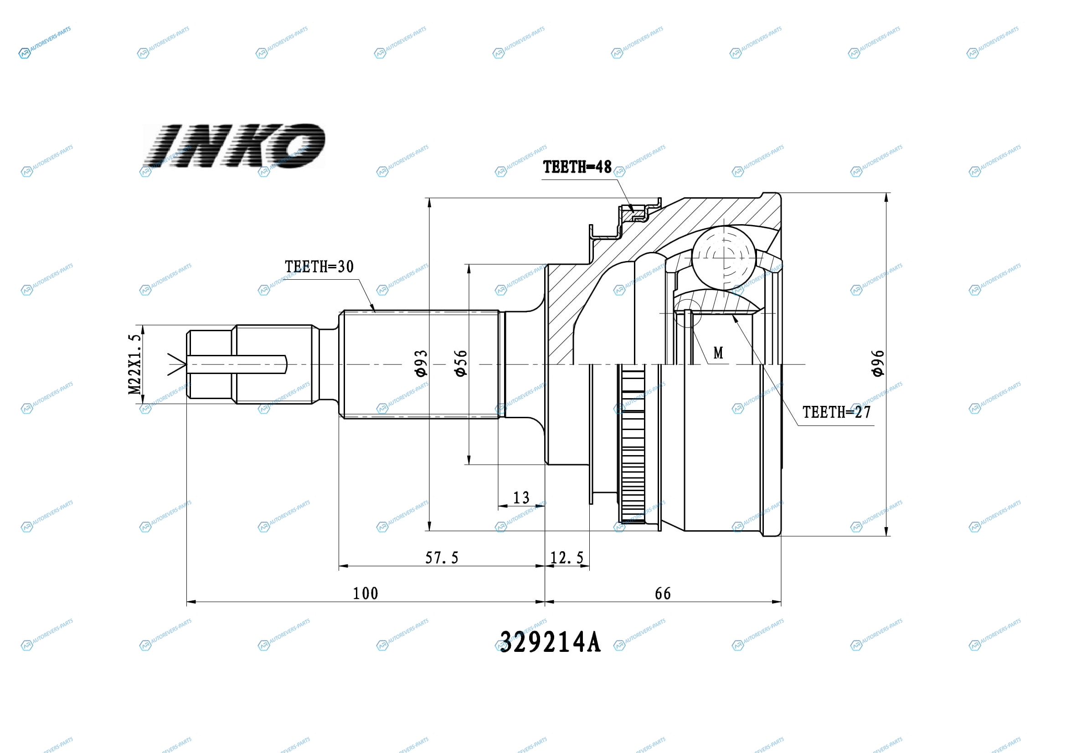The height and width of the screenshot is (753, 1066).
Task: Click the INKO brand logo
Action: (x=234, y=145)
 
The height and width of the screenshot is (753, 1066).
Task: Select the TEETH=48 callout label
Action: (x=577, y=167)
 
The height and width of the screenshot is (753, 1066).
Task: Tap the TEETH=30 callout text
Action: (x=319, y=267)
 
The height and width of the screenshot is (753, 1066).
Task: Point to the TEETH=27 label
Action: (x=837, y=412)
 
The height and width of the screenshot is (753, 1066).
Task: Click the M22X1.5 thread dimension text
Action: (x=134, y=364)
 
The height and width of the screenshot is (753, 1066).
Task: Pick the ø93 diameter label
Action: (x=421, y=363)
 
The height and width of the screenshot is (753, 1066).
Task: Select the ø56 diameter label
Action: (x=461, y=363)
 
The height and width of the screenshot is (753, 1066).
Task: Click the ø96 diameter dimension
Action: (x=877, y=363)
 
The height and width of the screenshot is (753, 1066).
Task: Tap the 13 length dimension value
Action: (x=521, y=498)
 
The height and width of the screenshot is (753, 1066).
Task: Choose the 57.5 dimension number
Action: (x=442, y=558)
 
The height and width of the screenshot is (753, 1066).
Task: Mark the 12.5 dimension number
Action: (x=566, y=558)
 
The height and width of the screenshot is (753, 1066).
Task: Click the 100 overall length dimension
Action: (x=366, y=594)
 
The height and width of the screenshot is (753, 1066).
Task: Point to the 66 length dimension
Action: (x=663, y=594)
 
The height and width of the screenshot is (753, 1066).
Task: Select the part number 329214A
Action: (x=550, y=643)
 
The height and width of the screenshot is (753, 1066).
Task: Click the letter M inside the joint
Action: (x=718, y=353)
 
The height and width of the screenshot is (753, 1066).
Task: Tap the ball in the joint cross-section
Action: (x=723, y=257)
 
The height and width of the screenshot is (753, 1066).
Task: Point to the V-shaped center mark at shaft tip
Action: (x=177, y=365)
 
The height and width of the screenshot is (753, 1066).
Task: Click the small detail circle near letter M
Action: (x=688, y=313)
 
